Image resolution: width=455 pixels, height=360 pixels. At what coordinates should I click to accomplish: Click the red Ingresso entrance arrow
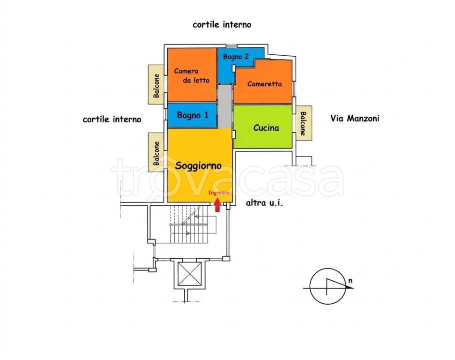click(x=217, y=205)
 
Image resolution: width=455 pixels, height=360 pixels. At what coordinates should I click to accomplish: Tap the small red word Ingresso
click(x=219, y=193)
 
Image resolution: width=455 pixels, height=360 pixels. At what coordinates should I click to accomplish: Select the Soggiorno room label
click(x=199, y=165)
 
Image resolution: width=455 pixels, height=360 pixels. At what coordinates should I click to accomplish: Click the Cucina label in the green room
click(x=266, y=128)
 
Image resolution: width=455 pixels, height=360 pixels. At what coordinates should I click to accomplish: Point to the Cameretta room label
click(x=264, y=84)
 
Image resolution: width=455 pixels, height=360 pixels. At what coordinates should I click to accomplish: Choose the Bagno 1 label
click(x=193, y=115)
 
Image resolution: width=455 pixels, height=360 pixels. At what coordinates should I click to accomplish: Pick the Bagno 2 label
click(x=236, y=57)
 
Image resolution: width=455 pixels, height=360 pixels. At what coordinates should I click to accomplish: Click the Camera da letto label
click(x=192, y=75)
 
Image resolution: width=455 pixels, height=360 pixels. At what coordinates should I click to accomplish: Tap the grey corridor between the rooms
click(x=225, y=106)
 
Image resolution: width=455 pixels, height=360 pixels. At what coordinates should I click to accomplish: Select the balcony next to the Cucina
click(x=304, y=123)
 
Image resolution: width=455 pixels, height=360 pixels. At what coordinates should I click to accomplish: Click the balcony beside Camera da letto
click(x=156, y=84)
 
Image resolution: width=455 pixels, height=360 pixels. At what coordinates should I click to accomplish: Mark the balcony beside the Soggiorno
click(x=156, y=152)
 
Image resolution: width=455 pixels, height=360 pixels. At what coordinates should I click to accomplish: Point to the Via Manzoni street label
click(x=355, y=119)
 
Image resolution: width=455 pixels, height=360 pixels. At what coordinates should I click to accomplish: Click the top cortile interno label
click(x=222, y=25)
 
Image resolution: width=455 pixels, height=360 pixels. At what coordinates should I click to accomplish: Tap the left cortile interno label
click(x=112, y=120)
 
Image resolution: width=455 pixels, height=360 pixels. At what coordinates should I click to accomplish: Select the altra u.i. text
click(x=264, y=203)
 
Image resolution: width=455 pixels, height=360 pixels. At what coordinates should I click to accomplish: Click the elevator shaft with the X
click(x=189, y=273)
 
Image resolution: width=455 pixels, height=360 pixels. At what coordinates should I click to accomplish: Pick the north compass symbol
click(x=328, y=286)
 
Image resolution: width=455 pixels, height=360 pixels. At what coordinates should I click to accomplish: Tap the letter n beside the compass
click(x=351, y=281)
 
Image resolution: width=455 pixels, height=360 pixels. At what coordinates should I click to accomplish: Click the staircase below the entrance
click(x=189, y=225)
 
